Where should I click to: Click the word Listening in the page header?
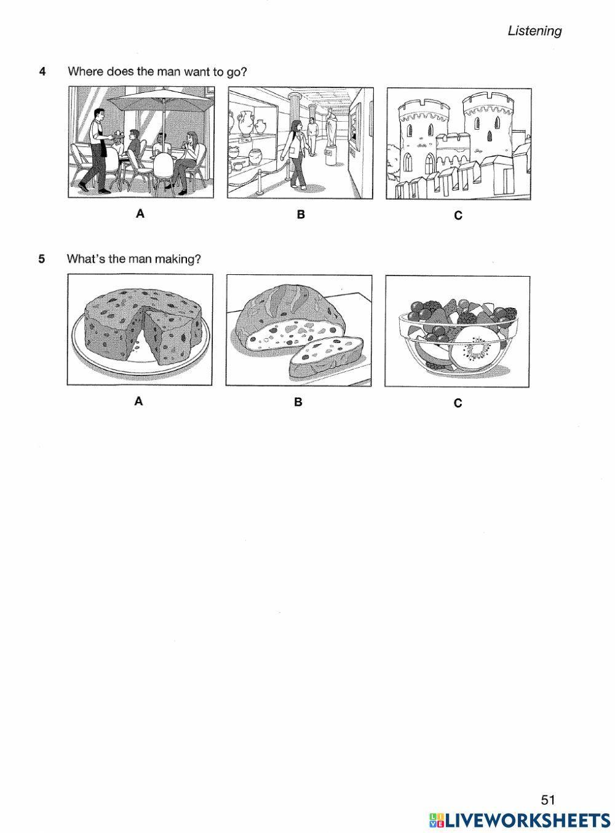[534, 31]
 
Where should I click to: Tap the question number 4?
[42, 71]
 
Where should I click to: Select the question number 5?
[42, 259]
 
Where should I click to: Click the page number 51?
[548, 800]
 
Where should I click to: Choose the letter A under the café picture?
[140, 214]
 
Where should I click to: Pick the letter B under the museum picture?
[301, 215]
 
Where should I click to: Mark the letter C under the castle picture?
[458, 216]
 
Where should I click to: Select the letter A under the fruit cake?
[139, 401]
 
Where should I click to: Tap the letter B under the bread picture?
[298, 402]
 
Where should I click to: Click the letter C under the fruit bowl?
[458, 403]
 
